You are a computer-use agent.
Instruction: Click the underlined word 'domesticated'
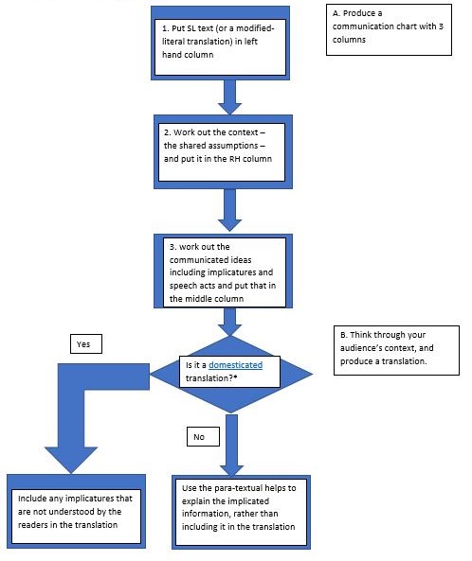[236, 364]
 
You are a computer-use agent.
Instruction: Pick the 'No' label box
[203, 437]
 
